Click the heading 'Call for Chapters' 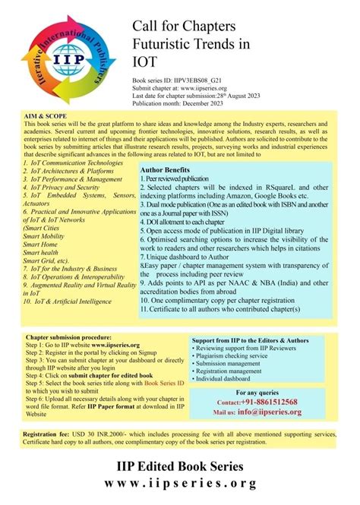coord(188,27)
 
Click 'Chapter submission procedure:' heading coord(68,336)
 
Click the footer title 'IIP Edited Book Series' coord(180,466)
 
